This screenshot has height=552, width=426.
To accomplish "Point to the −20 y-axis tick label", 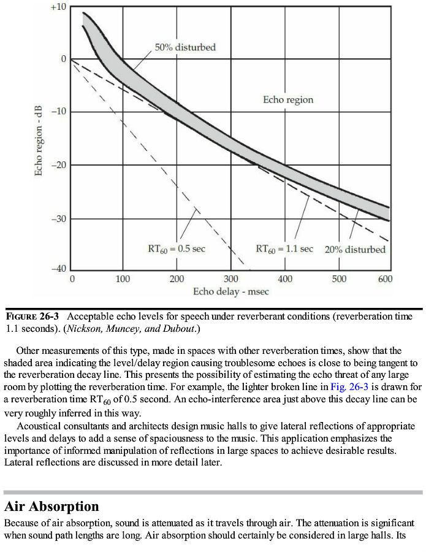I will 58,165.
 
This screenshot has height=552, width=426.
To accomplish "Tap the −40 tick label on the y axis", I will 58,270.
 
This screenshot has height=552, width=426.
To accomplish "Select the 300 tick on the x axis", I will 230,280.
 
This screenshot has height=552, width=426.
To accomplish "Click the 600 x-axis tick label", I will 385,280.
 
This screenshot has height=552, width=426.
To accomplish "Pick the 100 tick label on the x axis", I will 123,280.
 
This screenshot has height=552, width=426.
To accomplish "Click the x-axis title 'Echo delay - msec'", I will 230,291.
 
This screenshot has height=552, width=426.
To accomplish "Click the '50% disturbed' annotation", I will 185,47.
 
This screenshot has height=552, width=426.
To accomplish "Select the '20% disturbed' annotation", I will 356,250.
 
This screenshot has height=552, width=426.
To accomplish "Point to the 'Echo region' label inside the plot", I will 288,99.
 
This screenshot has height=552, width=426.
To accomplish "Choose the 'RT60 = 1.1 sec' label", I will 284,250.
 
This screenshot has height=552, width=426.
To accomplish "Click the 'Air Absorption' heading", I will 51,507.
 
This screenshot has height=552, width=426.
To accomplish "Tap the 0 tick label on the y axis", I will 64,59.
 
